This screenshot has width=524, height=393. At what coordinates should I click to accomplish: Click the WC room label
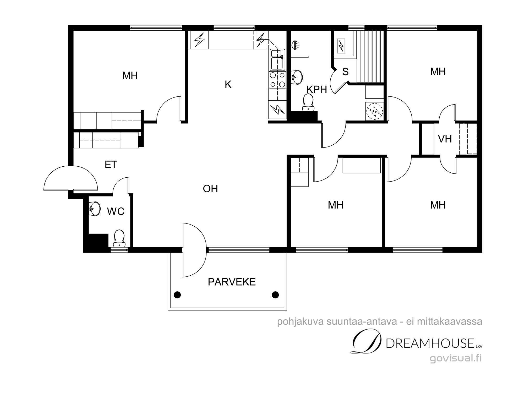coord(116,211)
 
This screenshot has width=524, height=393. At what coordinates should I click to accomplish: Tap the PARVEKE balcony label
coord(232,282)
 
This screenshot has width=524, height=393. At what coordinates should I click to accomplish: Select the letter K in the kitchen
coord(228,85)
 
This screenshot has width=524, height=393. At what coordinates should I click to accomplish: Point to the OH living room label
coord(210,189)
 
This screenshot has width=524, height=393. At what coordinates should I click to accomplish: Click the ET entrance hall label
coord(111,165)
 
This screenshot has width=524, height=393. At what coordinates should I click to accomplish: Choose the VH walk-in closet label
coord(445,139)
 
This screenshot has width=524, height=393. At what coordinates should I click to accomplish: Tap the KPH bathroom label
coord(317,90)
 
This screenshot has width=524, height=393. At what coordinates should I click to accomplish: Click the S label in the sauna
coord(345,72)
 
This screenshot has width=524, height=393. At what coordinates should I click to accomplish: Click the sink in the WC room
coord(94,209)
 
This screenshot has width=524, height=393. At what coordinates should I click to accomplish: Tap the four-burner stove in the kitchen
coord(277,80)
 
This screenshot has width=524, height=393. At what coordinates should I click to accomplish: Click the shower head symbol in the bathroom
coord(296,45)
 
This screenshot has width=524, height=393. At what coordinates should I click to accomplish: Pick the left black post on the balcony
coord(177,295)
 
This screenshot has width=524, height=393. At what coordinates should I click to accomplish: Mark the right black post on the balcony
coord(275,295)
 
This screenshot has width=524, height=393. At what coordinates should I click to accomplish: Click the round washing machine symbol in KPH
coord(374,111)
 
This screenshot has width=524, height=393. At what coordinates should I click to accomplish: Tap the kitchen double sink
coord(278,60)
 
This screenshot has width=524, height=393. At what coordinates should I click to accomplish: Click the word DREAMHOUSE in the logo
coord(430,343)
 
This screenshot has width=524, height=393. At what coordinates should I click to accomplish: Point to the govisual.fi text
coord(456,358)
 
